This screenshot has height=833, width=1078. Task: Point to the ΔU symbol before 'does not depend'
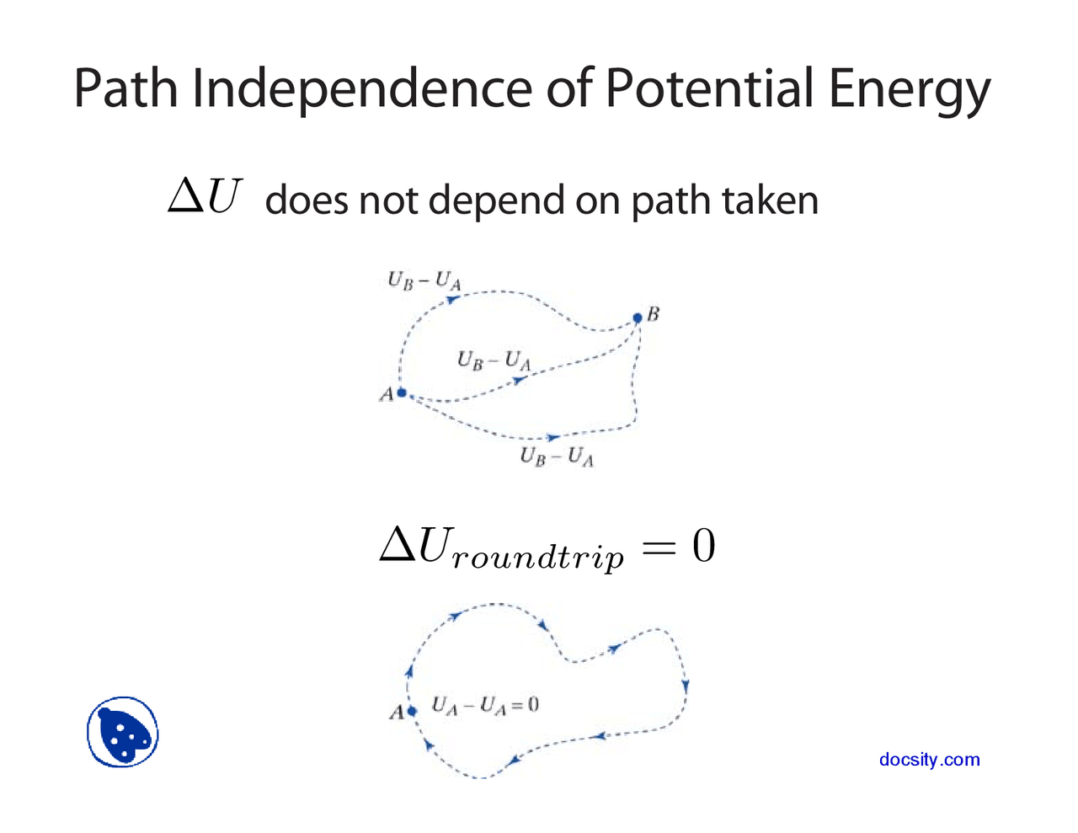(x=205, y=198)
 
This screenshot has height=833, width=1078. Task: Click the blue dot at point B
(x=638, y=318)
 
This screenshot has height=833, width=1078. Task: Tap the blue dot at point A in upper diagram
(x=402, y=392)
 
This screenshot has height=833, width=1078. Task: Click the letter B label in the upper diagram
(x=654, y=314)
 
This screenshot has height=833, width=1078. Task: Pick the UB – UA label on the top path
(x=424, y=280)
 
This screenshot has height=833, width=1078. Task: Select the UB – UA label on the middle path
(x=494, y=360)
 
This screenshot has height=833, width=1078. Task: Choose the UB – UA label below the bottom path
(x=557, y=457)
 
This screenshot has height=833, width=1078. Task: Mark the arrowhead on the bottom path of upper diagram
(x=552, y=437)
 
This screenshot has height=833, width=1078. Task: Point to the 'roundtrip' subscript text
(x=537, y=558)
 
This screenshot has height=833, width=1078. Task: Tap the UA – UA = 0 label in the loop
(x=485, y=705)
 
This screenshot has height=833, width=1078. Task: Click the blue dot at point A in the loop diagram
(x=412, y=712)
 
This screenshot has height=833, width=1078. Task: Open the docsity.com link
(x=929, y=759)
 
